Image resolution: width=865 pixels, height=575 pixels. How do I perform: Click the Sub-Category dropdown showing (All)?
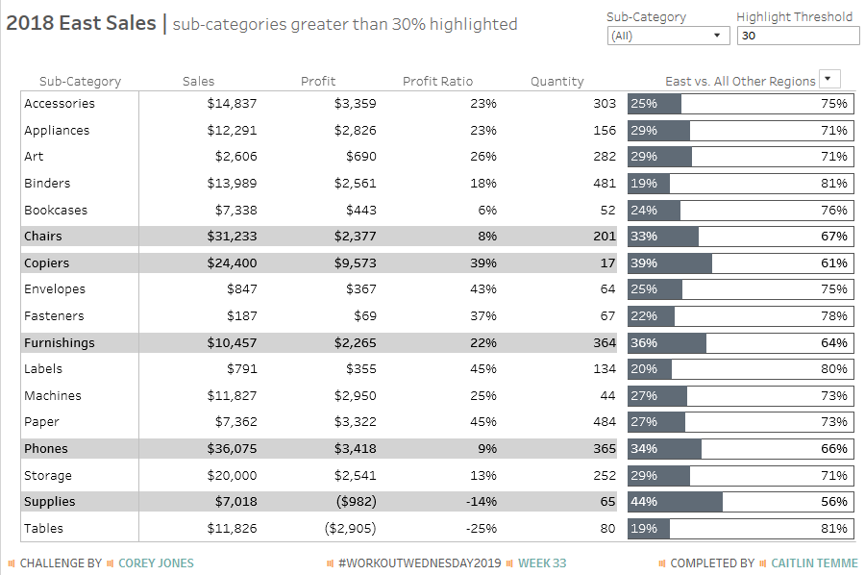[668, 36]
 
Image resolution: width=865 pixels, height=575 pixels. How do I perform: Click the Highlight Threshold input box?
[798, 36]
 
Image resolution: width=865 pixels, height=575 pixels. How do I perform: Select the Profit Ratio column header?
[437, 81]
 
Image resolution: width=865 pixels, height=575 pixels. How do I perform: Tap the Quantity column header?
[556, 81]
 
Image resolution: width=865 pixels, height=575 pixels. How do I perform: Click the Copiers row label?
[46, 262]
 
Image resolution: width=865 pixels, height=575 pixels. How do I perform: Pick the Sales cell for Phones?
[232, 449]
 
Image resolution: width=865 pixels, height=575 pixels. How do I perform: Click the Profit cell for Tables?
[350, 528]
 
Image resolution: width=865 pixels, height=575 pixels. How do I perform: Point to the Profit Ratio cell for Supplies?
[482, 502]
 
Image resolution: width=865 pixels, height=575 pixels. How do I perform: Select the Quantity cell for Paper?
[605, 421]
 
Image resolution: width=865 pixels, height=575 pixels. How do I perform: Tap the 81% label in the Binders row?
[833, 184]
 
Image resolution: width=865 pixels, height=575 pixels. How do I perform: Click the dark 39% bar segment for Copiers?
[670, 263]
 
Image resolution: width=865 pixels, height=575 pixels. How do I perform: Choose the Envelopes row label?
[55, 289]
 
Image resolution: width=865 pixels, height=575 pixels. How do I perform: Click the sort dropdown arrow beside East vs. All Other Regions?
[829, 79]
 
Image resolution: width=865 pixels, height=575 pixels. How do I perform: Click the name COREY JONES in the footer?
[156, 563]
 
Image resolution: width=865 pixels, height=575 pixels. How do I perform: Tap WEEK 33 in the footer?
[542, 563]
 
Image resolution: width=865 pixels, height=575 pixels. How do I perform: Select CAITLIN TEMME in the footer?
[814, 563]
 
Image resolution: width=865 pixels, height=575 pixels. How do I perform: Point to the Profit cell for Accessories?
[356, 103]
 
